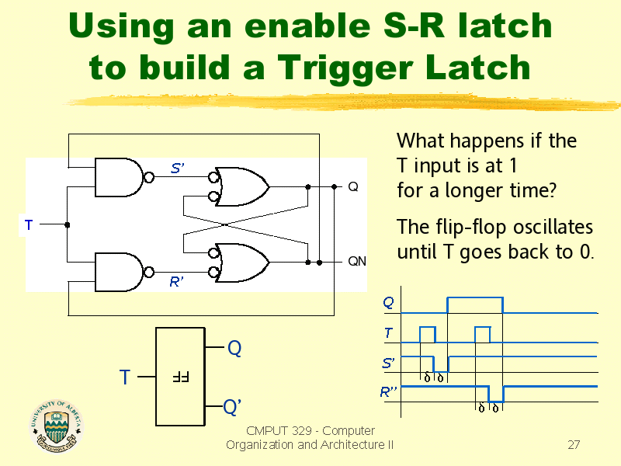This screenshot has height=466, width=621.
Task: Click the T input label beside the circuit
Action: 28,225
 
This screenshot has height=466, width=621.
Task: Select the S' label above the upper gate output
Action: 177,168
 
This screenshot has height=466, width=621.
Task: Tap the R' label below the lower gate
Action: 177,283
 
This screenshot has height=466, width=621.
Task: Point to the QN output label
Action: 356,262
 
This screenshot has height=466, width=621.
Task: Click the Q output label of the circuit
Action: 352,187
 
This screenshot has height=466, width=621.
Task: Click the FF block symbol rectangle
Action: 180,377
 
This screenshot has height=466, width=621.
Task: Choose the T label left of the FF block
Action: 124,378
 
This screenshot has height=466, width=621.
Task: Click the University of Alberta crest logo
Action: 56,426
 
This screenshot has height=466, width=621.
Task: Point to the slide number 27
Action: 574,445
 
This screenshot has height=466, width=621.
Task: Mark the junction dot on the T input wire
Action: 68,225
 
